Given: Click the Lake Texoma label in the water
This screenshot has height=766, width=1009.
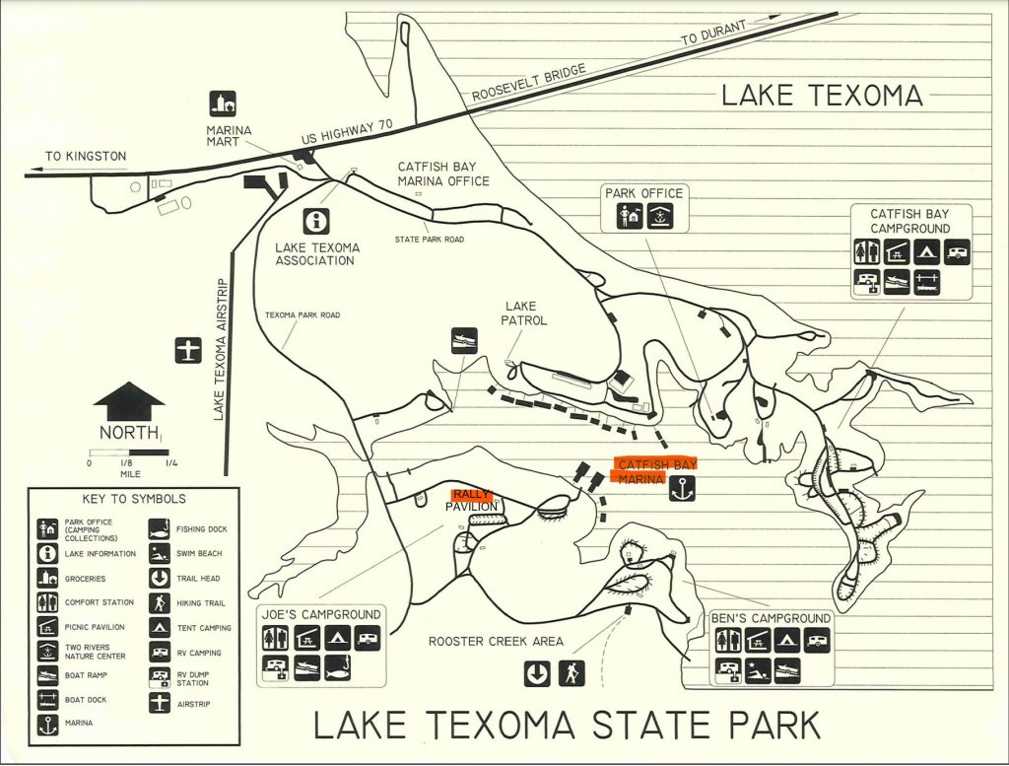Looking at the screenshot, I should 822,96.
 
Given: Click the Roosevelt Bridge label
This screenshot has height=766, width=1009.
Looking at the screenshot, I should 530,84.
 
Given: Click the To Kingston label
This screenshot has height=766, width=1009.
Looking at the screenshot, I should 86,156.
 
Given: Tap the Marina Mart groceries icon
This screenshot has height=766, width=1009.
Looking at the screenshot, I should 224,104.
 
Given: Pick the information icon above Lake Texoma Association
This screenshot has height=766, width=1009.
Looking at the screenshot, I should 317,221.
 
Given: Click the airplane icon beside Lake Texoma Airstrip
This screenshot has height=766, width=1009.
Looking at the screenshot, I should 187,350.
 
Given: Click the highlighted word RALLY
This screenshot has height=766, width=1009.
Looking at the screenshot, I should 469,495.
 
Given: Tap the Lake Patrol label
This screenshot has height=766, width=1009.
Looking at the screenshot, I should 524,313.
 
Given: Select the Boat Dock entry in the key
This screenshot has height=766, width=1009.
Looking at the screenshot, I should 85,699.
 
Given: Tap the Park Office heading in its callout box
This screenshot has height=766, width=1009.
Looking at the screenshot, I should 643,193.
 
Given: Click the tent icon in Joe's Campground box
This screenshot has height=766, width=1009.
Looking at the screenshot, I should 335,640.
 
